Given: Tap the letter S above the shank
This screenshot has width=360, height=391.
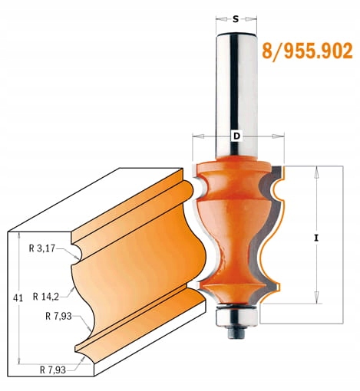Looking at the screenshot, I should point(236,16).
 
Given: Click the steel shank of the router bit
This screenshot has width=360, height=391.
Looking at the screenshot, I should point(236,84).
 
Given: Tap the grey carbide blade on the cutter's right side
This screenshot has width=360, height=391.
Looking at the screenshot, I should point(269,230).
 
